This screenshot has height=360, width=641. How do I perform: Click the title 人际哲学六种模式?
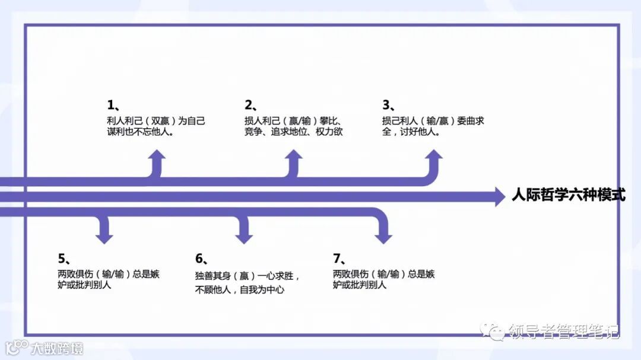pos(568,195)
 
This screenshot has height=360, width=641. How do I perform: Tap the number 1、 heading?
pos(113,105)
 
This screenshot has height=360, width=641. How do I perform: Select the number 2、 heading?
pos(251,105)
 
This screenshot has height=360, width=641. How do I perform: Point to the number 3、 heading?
pos(389,105)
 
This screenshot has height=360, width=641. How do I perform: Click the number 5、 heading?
pos(65,258)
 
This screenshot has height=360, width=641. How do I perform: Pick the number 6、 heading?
pos(202,258)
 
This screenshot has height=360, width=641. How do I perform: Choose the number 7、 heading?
pos(339,258)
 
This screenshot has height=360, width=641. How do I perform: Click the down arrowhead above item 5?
pos(104,236)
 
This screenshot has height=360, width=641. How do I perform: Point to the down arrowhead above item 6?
pos(244,236)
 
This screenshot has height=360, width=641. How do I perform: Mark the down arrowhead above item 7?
pos(383,236)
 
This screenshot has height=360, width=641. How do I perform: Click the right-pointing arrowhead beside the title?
pos(499,196)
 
